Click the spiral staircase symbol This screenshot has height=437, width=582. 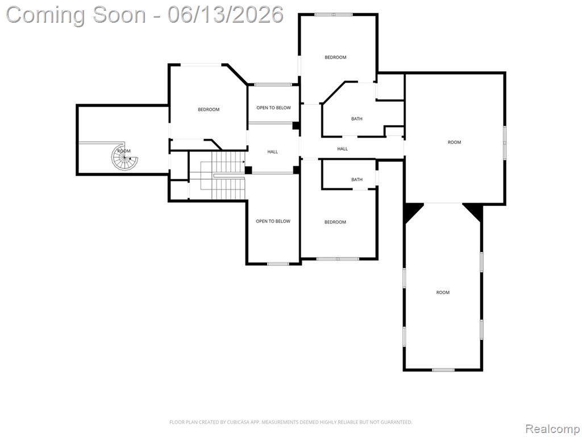coord(125,156)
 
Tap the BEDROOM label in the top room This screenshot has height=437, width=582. coord(335,57)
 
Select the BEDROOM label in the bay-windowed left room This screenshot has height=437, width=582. coord(209,110)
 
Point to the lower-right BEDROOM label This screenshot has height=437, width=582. coord(335,222)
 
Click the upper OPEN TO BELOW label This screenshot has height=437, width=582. coord(273,108)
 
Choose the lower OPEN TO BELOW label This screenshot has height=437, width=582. coord(273,221)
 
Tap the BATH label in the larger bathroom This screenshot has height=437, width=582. coord(357,119)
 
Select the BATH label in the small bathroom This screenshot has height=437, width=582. coord(357,179)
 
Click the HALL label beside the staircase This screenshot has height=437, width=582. coord(272,151)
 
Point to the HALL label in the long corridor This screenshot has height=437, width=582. coord(342,149)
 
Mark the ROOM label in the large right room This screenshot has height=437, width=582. coord(454,142)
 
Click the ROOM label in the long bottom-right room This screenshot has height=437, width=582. coord(443,292)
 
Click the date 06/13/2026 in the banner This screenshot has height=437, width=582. coord(226,15)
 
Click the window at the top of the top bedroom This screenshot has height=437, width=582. coord(333,14)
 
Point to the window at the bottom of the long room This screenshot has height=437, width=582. coord(443,370)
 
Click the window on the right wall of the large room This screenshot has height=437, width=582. coord(505,143)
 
